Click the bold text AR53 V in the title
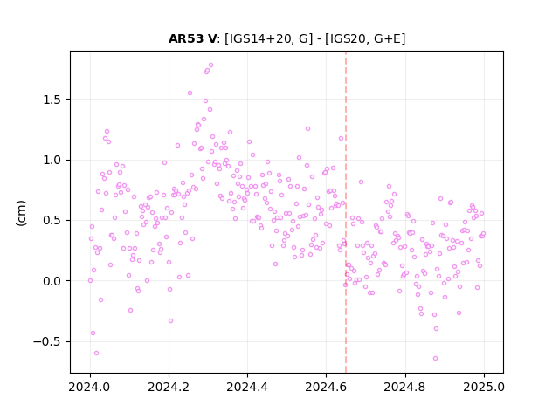point(192,38)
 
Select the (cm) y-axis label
point(21,213)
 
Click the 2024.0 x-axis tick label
point(90,387)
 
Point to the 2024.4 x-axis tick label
point(247,387)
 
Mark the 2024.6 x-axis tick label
point(326,387)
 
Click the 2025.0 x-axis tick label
point(484,387)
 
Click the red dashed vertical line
point(346,212)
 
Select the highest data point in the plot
point(210,65)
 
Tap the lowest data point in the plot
point(435,359)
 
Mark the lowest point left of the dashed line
point(96,353)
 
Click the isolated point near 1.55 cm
point(190,93)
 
